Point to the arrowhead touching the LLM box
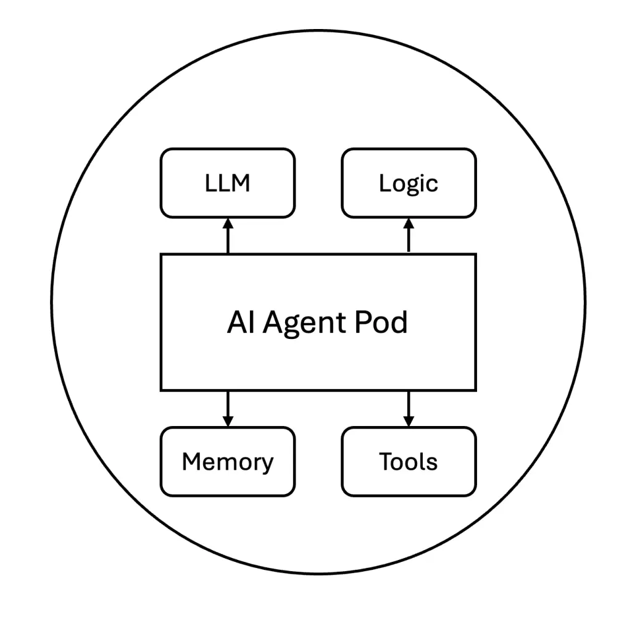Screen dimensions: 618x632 click(x=228, y=223)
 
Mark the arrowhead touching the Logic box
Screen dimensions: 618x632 click(x=409, y=223)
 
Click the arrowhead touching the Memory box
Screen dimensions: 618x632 click(x=228, y=421)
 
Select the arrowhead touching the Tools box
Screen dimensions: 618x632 click(x=409, y=421)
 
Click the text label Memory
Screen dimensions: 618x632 click(x=227, y=462)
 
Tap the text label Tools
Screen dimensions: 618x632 click(x=409, y=461)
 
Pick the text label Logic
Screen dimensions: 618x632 click(x=409, y=183)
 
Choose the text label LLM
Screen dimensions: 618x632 click(x=227, y=183)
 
